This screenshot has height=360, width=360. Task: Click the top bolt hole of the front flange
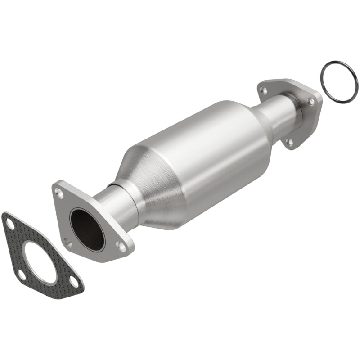[x=58, y=192]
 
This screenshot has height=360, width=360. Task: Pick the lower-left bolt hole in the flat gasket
[x=21, y=274]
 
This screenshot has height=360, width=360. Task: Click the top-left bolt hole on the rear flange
[x=264, y=90]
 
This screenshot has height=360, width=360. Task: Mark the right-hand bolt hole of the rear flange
[x=310, y=102]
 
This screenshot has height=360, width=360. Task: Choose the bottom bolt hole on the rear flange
[x=289, y=142]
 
